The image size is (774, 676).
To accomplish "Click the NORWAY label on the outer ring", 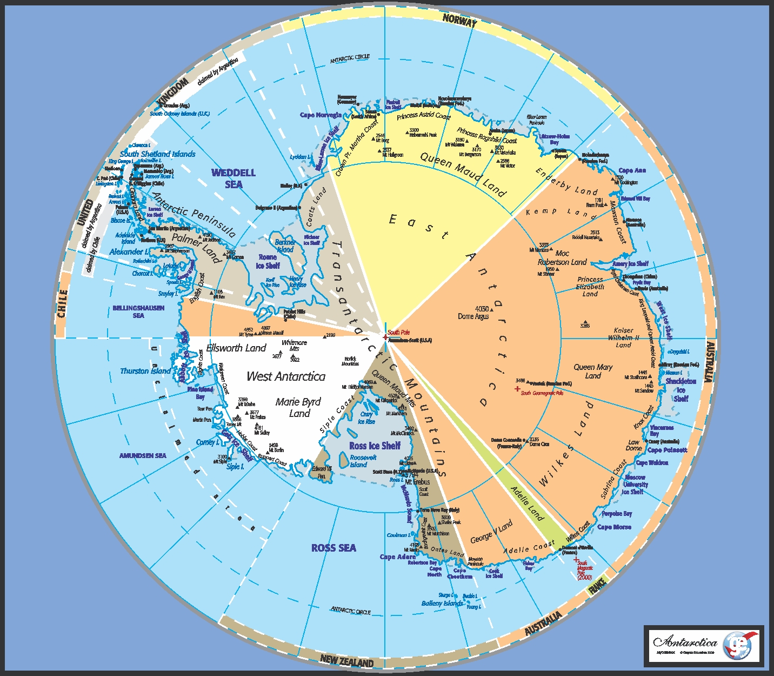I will point(460,21).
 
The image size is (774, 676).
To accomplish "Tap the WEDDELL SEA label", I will point(233,178).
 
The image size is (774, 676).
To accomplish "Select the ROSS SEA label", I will point(333,548).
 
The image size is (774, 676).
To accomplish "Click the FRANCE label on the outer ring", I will point(597,586).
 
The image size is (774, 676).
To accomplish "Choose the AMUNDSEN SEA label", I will point(143,456).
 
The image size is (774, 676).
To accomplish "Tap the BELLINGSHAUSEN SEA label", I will point(138,312).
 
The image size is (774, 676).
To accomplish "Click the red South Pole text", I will point(399,332).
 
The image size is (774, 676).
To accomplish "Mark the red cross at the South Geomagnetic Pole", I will point(517,388).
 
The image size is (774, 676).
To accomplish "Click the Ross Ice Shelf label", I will point(375,446).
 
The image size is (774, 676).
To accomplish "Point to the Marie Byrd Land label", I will point(298,407).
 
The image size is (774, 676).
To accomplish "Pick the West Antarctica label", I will point(286,376).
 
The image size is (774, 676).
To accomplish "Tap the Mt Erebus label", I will point(417,482).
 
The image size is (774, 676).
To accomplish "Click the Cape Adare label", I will point(398,556).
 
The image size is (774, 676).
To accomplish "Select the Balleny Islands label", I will point(442,603).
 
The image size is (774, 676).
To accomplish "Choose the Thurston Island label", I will point(145,371).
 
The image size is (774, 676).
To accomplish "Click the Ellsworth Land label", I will point(236,348).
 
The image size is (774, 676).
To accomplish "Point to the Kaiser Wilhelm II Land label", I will point(624,337).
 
